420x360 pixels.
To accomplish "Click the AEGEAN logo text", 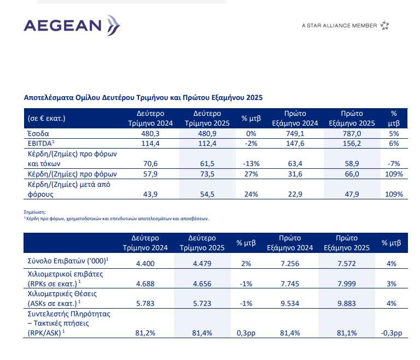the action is (63, 26).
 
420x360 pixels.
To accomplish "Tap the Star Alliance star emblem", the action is (384, 25).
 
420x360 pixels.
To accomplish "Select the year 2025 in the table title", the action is (254, 97).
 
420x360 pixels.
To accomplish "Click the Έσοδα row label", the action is (38, 133).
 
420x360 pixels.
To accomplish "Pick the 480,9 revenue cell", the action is (207, 133).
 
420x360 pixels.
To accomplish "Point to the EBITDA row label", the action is (40, 143).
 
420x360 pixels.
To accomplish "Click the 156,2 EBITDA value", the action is (352, 144).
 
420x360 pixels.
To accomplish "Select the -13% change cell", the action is (251, 163).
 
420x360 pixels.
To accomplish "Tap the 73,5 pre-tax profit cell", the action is (207, 174).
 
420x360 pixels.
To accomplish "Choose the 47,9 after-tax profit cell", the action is (352, 194).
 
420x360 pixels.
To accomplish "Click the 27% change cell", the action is (251, 174).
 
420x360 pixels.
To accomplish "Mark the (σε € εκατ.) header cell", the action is (46, 119).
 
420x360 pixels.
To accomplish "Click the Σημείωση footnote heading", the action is (35, 212).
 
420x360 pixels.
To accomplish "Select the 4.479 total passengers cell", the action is (202, 263).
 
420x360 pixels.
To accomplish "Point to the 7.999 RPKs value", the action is (347, 284).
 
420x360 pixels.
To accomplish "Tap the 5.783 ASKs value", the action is (145, 303).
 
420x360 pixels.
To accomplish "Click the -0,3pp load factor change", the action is (392, 333).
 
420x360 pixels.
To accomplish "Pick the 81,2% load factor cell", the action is (145, 333).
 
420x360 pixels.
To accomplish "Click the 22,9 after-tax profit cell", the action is (295, 194).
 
